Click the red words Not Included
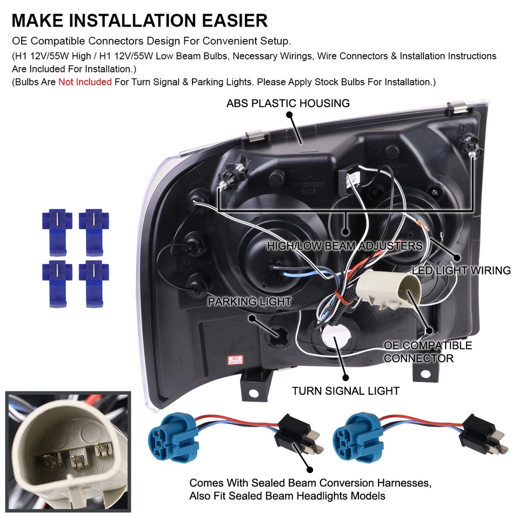coord(85,82)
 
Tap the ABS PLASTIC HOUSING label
coord(288,103)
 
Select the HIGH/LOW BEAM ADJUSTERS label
coord(345,246)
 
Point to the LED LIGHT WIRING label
coord(461,270)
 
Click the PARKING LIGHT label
coord(249,302)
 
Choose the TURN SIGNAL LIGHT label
coord(345,390)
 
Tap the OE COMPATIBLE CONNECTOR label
coord(427,351)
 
